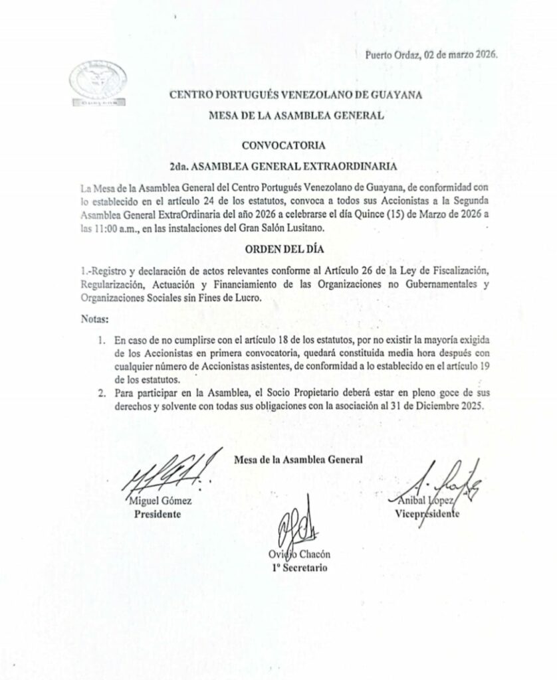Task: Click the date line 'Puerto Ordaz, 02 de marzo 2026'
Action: pos(432,55)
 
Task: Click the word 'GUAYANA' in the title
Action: pos(392,95)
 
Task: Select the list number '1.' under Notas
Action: pos(101,340)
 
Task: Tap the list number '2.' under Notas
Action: pos(101,394)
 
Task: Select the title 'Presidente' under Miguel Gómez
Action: pos(158,514)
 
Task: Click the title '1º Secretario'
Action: pos(298,568)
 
